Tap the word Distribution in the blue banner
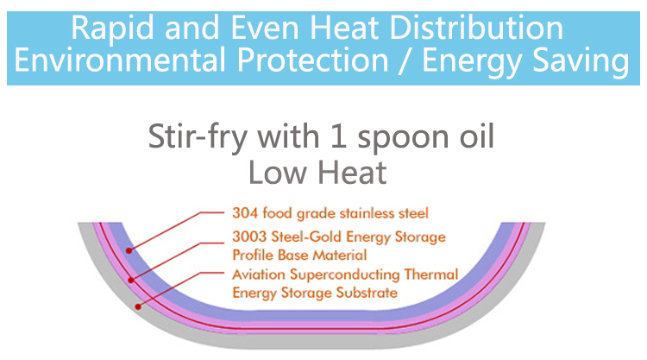click(x=476, y=28)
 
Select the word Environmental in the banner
click(x=120, y=60)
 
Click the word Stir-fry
click(x=198, y=136)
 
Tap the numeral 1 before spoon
click(x=338, y=136)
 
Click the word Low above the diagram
click(x=277, y=173)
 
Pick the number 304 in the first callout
click(x=245, y=213)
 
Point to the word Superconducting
click(x=345, y=275)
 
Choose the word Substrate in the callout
click(x=367, y=293)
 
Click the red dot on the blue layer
click(x=129, y=250)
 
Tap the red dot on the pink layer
click(x=131, y=281)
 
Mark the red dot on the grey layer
click(x=138, y=306)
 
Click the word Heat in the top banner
click(x=344, y=28)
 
